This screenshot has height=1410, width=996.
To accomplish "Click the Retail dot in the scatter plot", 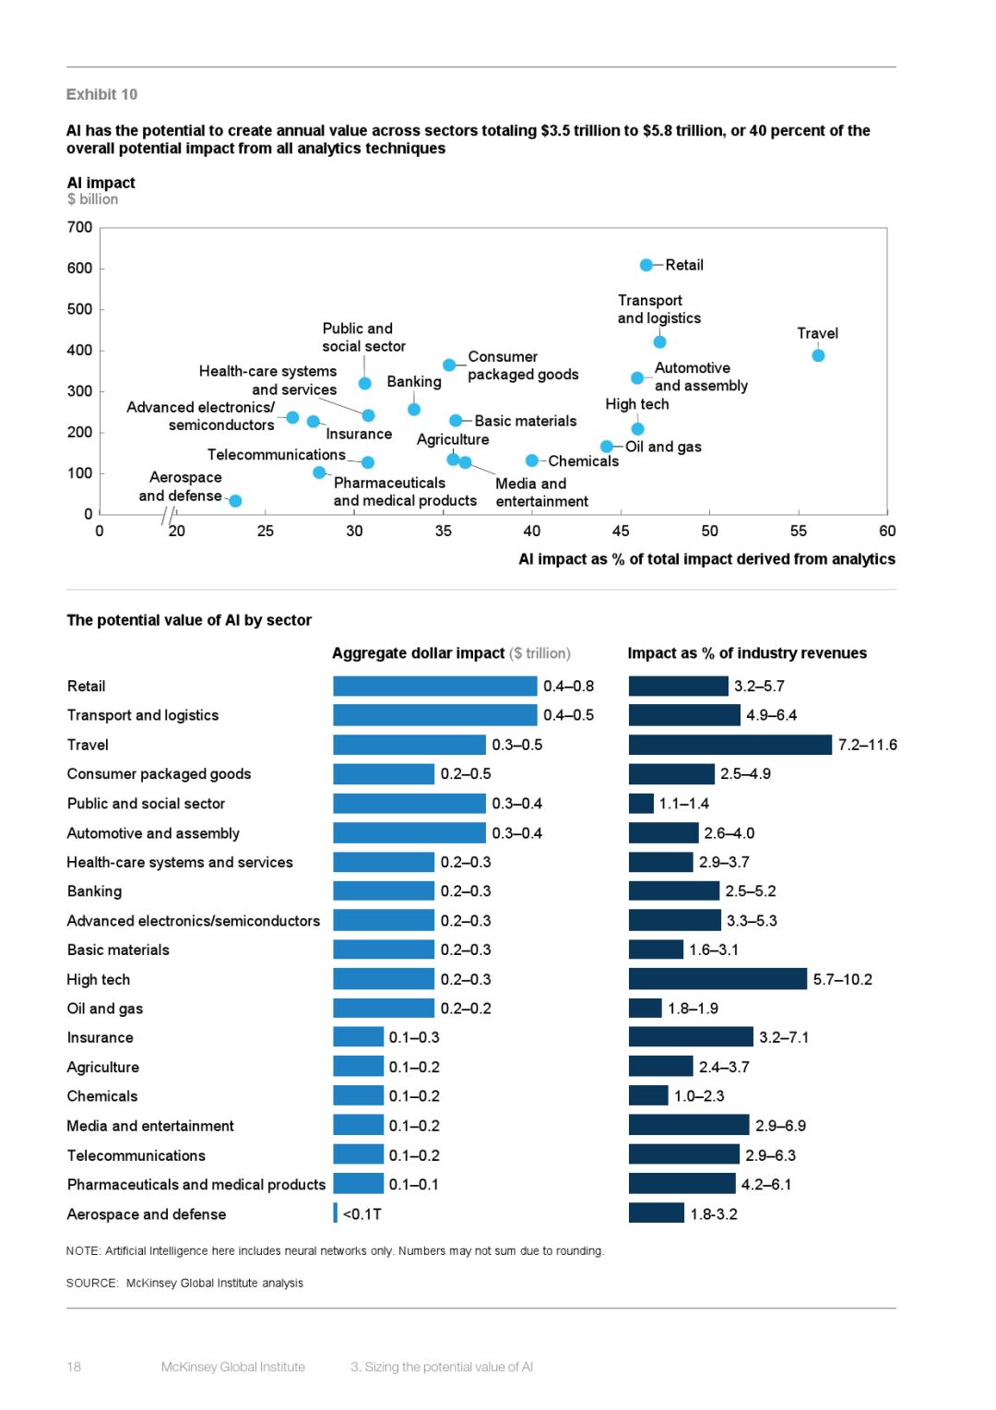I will (x=646, y=265).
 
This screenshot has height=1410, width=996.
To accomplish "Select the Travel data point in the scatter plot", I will (x=818, y=355).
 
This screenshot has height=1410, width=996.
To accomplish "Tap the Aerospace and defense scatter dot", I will (x=235, y=501).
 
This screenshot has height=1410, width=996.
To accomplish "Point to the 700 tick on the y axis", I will (x=80, y=227).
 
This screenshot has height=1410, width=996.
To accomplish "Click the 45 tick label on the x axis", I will (x=621, y=531).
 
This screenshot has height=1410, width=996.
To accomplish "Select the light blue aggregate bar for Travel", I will (x=409, y=745).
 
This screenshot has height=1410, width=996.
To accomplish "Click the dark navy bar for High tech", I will (x=717, y=979).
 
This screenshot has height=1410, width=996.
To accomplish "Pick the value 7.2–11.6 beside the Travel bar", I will (x=867, y=745).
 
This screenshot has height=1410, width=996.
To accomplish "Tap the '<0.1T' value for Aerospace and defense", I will (x=362, y=1213).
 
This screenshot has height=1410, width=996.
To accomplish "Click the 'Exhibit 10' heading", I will (x=101, y=94).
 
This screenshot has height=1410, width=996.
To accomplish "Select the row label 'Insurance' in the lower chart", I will (x=100, y=1037).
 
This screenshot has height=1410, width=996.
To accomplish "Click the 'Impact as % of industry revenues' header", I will (x=747, y=653).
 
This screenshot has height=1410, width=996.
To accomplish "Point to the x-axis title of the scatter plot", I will (x=706, y=559).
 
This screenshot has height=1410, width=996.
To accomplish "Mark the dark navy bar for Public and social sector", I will (x=641, y=804).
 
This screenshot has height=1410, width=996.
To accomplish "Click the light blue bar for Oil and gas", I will (x=383, y=1009).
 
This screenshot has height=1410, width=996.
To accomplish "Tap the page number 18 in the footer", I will (x=74, y=1367).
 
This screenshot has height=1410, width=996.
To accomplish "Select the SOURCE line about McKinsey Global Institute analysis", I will (x=184, y=1283).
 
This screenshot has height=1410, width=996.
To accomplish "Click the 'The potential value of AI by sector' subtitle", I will (x=189, y=620).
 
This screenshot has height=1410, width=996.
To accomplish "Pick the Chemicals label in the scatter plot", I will (x=583, y=461).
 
